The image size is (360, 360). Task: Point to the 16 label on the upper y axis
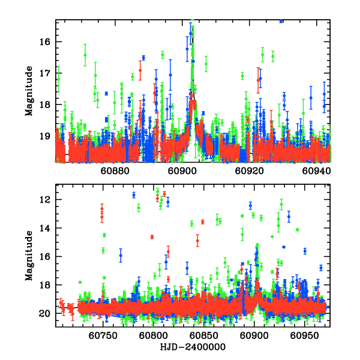(x=45, y=41)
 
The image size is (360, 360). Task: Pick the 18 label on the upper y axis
(x=45, y=104)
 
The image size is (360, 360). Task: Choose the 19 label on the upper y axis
(x=45, y=136)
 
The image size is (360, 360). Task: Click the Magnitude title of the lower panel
(x=29, y=256)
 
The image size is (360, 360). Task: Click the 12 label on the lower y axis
(x=45, y=200)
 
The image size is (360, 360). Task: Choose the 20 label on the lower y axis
(x=45, y=313)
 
